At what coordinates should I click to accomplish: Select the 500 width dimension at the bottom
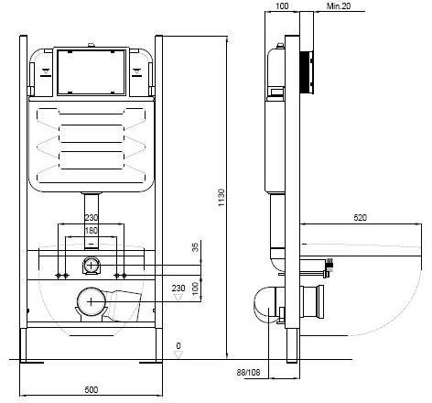(92, 390)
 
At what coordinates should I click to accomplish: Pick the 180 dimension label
(92, 231)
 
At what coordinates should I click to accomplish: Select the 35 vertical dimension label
(196, 246)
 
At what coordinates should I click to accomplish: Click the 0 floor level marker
(179, 345)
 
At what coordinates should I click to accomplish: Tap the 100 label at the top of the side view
(281, 7)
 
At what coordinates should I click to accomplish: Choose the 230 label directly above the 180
(92, 218)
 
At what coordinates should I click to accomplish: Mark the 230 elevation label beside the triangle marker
(178, 289)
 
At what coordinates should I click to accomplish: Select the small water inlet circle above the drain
(91, 266)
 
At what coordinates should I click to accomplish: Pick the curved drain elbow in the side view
(265, 301)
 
